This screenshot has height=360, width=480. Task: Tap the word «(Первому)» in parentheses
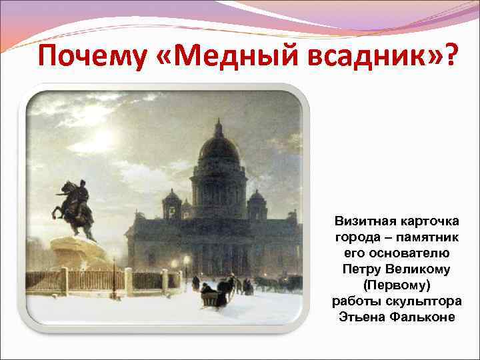coord(397,285)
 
